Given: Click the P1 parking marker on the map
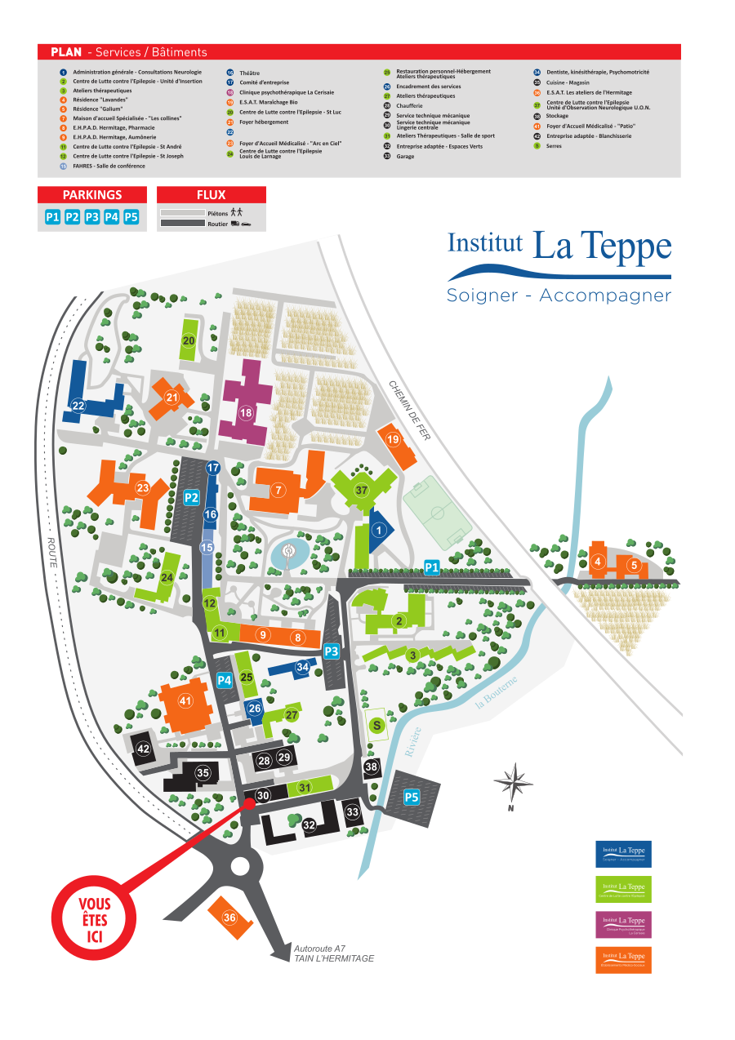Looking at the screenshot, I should point(432,567).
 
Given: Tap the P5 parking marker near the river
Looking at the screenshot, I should point(412,797).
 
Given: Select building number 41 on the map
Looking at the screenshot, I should point(185,700).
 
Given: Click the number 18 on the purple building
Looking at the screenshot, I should point(246,413).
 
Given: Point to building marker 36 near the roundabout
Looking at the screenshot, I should point(229,918).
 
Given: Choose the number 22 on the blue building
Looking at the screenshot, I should point(78,406).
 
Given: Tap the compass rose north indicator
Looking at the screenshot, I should point(513,784).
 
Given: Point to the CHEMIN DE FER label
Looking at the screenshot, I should point(409,411).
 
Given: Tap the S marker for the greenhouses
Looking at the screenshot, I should point(376,724).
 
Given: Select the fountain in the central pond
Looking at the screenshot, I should point(288,552).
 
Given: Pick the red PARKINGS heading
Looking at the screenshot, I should point(92,195).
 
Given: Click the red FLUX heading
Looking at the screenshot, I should point(211,195).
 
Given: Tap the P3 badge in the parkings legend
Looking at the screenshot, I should point(91,217).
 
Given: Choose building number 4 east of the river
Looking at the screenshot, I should point(598,562).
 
